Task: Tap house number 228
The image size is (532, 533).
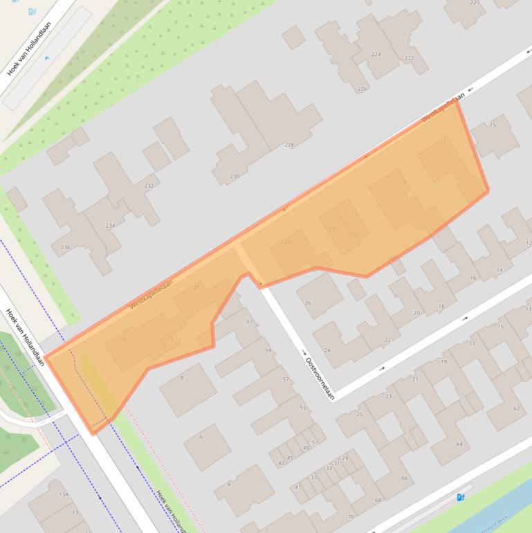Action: (x=288, y=145)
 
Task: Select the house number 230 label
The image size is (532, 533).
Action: (x=235, y=177)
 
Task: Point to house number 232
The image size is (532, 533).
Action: (x=149, y=186)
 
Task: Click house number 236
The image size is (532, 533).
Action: (x=66, y=247)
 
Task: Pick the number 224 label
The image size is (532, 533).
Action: (x=376, y=54)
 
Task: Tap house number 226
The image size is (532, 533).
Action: (x=362, y=89)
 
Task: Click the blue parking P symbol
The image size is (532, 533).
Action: (x=47, y=59)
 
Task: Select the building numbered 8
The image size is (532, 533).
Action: (x=182, y=377)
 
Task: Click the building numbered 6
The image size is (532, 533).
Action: (x=201, y=436)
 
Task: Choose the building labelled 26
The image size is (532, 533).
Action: (x=308, y=302)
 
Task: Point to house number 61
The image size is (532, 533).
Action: (x=249, y=321)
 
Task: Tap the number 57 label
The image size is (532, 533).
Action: (x=285, y=379)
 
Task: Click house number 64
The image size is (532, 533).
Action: (x=459, y=444)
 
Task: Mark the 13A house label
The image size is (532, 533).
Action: (x=64, y=494)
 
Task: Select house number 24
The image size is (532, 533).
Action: (x=327, y=350)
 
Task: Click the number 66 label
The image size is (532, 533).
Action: (x=405, y=478)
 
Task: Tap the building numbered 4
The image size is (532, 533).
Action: (x=229, y=484)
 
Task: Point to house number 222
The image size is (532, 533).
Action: (x=409, y=58)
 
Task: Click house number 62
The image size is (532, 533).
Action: (x=517, y=408)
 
